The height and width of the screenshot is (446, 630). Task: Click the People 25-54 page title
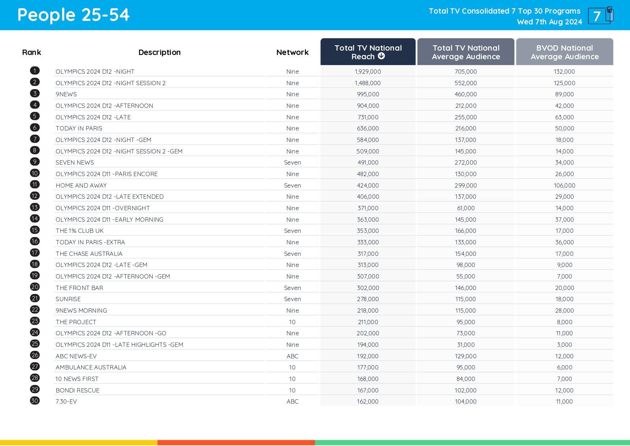point(73,15)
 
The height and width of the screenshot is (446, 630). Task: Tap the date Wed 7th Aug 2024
point(549,22)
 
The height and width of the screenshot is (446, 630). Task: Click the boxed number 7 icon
point(599,16)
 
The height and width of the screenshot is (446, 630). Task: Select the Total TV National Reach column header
point(368,52)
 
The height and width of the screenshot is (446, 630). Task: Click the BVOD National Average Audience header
point(564,52)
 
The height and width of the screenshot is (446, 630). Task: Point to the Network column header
point(292,52)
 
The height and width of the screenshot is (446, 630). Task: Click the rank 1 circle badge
point(35,71)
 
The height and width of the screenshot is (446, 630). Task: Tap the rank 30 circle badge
point(35,401)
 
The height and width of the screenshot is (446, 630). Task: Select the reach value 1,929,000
point(368,72)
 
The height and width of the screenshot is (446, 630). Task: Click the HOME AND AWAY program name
point(81,185)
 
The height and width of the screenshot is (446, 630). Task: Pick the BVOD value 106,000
point(564,185)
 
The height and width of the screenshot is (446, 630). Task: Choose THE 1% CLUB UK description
point(79,231)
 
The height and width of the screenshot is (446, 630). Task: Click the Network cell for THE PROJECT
point(292,322)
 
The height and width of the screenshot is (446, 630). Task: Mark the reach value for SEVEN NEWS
point(368,162)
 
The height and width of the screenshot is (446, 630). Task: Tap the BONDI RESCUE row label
point(77,390)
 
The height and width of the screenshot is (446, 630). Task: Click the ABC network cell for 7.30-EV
point(292,401)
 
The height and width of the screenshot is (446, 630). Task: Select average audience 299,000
point(465,185)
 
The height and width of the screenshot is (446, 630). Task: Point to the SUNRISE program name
point(68,299)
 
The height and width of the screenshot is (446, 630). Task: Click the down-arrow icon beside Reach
point(381,56)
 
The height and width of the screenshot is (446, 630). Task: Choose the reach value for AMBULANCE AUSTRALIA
point(368,367)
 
